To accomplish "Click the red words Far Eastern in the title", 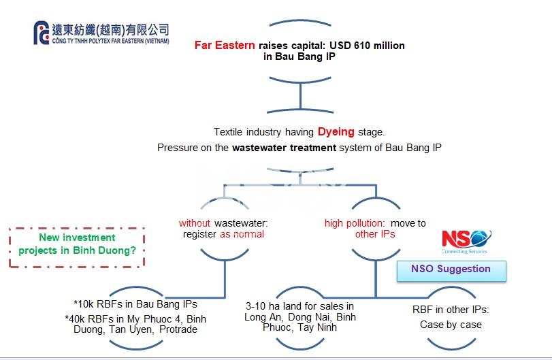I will pyautogui.click(x=225, y=46).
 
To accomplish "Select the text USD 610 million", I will pyautogui.click(x=368, y=46).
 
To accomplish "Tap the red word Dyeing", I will pyautogui.click(x=336, y=132).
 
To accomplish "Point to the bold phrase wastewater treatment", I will pyautogui.click(x=284, y=147).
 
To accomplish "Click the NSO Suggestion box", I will pyautogui.click(x=451, y=269).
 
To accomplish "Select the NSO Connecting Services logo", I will pyautogui.click(x=466, y=241).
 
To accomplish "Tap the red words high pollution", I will pyautogui.click(x=354, y=223).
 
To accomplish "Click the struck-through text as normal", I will pyautogui.click(x=242, y=234).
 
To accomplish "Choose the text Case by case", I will pyautogui.click(x=451, y=325).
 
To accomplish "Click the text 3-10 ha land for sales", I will pyautogui.click(x=299, y=306).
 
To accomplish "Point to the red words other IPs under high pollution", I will pyautogui.click(x=375, y=234).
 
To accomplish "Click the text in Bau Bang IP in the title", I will pyautogui.click(x=299, y=56).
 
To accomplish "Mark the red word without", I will pyautogui.click(x=195, y=223).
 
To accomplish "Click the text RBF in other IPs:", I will pyautogui.click(x=451, y=310).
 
